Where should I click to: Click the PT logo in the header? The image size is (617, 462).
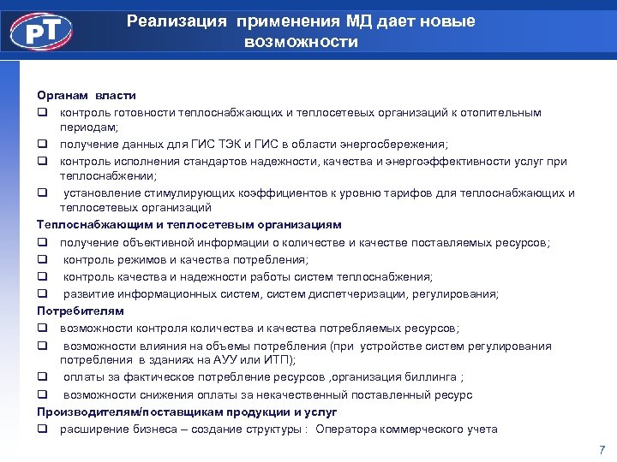(41, 32)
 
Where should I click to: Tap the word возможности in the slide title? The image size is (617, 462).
(301, 41)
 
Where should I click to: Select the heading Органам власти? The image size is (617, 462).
(86, 95)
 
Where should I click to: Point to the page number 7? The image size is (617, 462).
(602, 449)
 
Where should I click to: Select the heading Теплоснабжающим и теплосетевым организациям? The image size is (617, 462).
(189, 224)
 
